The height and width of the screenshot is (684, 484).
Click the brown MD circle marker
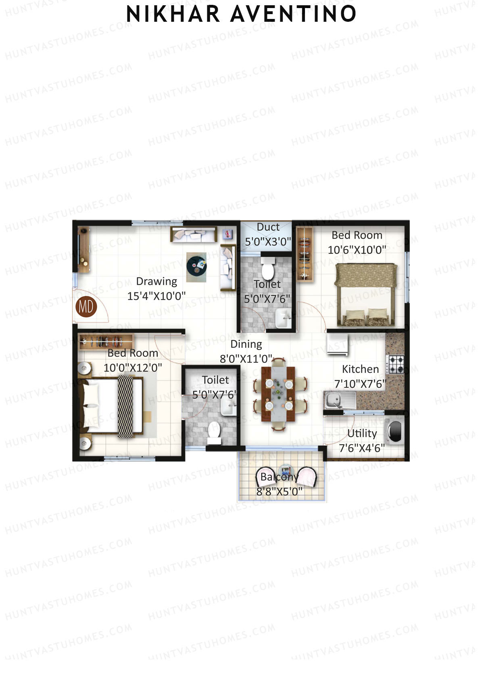(86, 307)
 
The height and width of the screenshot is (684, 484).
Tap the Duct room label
(268, 227)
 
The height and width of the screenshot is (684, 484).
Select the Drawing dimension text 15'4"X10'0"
(156, 296)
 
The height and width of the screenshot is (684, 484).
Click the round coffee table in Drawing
(196, 265)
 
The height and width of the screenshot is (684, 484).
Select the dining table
(279, 394)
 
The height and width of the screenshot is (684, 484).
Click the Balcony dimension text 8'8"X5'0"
(280, 492)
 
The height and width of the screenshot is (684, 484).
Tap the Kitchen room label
(360, 369)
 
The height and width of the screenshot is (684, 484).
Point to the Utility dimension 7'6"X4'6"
(362, 448)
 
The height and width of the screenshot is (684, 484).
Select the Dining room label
(246, 344)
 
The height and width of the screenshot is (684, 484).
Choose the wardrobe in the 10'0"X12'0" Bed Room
(106, 342)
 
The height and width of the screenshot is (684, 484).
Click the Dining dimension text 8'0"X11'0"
(246, 359)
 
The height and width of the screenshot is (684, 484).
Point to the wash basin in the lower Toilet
(228, 408)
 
